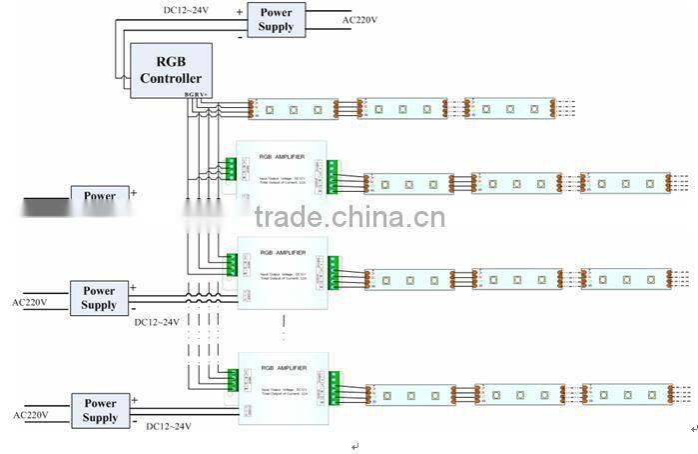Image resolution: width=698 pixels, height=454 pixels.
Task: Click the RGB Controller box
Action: click(x=171, y=69)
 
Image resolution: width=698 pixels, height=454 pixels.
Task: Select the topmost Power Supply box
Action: click(x=277, y=19)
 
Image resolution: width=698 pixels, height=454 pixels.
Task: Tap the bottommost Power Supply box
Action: click(x=100, y=410)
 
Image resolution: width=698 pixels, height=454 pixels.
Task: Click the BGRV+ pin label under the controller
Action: click(x=197, y=95)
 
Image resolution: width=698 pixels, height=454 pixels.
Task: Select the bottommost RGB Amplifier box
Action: click(x=283, y=386)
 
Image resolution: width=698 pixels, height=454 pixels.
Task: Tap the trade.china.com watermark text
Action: click(x=349, y=218)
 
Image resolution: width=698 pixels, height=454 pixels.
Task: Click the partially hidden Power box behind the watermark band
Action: click(x=99, y=195)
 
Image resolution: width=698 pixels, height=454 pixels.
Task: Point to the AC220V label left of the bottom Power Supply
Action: click(x=30, y=413)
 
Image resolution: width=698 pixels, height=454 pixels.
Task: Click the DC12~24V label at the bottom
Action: click(x=169, y=427)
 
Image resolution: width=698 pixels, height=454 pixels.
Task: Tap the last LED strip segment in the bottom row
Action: click(x=629, y=394)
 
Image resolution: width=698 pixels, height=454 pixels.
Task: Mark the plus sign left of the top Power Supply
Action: click(x=240, y=11)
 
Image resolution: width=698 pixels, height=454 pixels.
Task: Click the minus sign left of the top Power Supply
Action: click(x=240, y=36)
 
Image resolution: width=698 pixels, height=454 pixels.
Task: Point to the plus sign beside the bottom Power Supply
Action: click(x=134, y=399)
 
